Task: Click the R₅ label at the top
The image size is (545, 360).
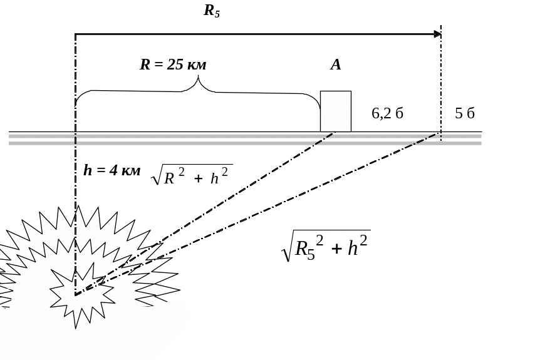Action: pyautogui.click(x=212, y=11)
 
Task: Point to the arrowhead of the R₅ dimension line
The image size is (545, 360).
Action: pyautogui.click(x=438, y=34)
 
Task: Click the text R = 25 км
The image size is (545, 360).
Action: pyautogui.click(x=173, y=64)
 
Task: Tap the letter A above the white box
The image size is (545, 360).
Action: pyautogui.click(x=336, y=64)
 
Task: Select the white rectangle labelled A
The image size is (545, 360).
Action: pyautogui.click(x=335, y=111)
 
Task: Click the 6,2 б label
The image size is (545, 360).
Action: pyautogui.click(x=387, y=113)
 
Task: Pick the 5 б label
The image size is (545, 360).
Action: pyautogui.click(x=464, y=113)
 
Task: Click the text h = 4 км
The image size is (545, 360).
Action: pyautogui.click(x=112, y=170)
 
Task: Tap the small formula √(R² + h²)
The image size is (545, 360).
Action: pyautogui.click(x=192, y=177)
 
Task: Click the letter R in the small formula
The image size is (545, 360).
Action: pyautogui.click(x=169, y=178)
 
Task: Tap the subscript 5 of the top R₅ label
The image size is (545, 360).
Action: pyautogui.click(x=217, y=14)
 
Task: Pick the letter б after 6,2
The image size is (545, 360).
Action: pyautogui.click(x=398, y=113)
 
